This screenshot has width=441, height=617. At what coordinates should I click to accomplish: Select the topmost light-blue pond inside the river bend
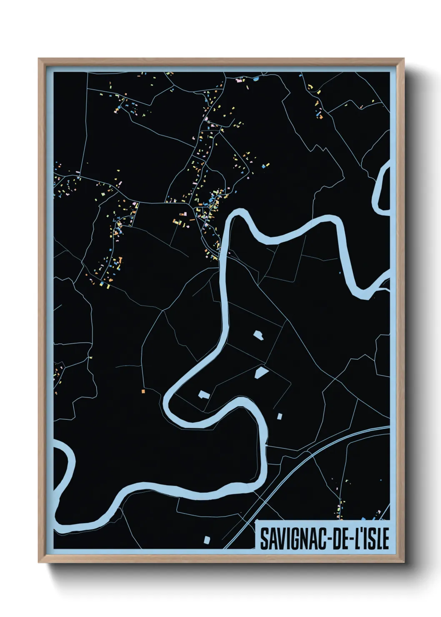tap(259, 335)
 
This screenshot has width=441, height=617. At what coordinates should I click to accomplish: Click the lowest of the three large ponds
tap(204, 394)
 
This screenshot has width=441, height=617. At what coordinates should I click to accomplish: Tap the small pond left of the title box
tap(207, 539)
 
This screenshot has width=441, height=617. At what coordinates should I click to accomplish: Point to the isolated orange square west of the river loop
tap(143, 391)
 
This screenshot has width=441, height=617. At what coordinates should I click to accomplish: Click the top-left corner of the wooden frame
tap(39, 59)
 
